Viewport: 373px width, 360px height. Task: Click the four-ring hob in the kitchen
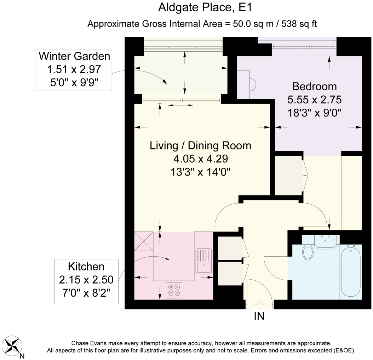tap(174, 290)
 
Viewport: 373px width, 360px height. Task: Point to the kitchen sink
tap(203, 261)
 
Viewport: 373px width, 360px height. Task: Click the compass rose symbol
tap(13, 345)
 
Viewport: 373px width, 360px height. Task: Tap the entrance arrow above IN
tap(259, 304)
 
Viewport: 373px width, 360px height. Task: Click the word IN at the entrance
tap(259, 316)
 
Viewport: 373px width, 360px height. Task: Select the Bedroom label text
tap(315, 86)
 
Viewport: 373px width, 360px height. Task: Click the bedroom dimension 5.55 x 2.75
tap(315, 100)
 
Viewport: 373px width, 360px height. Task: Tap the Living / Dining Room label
tap(200, 145)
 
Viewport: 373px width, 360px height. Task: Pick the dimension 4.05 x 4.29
tap(200, 159)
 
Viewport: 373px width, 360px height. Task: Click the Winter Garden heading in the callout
tap(74, 56)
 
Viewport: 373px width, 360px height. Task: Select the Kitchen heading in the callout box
tap(86, 267)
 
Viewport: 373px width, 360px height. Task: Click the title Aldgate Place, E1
tap(205, 7)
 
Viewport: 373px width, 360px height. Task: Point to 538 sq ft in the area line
tap(299, 24)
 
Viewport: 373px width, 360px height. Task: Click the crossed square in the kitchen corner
tap(144, 241)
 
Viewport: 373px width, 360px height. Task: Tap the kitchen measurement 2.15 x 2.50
tap(86, 280)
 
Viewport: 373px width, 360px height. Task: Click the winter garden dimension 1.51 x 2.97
tap(74, 69)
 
